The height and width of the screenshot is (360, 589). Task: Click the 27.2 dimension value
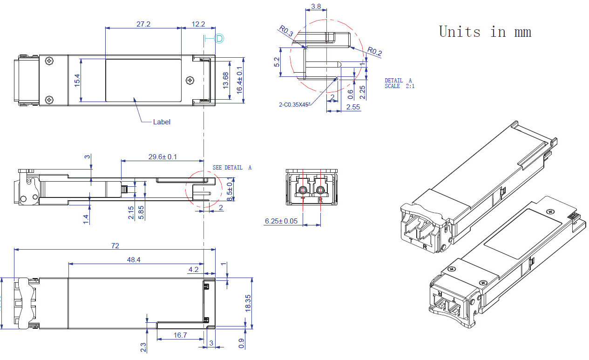point(143,24)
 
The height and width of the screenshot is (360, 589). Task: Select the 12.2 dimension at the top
point(198,24)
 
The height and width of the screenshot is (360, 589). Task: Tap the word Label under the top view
point(162,122)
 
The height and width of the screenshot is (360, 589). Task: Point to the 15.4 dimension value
point(77,80)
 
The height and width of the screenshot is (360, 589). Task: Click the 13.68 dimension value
point(226,80)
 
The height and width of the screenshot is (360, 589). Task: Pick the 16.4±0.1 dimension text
point(240,80)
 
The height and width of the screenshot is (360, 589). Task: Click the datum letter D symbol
point(219,38)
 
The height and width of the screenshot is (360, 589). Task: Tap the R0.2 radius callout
point(374,52)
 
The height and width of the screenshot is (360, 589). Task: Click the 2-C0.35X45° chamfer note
point(294,105)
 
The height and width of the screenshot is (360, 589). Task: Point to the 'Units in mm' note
point(485,32)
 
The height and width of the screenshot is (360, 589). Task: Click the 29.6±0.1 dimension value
point(162,157)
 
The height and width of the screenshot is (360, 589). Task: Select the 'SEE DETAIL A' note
point(232,168)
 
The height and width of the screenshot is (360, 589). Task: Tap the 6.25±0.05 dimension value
point(281,221)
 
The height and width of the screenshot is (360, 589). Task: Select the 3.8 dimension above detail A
point(316,7)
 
